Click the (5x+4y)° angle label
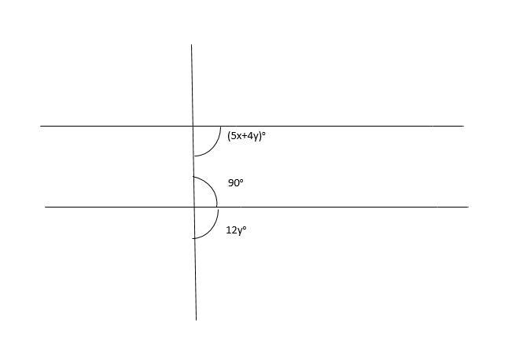point(246,135)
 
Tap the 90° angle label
point(236,183)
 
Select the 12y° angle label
point(236,230)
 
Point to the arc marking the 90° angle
point(211,186)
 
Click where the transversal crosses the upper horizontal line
point(193,126)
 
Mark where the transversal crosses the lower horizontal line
point(194,207)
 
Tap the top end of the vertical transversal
point(191,45)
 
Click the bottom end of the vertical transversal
point(196,319)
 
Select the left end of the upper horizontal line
point(41,126)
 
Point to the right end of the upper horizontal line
point(463,126)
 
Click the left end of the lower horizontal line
point(46,207)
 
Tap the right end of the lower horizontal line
point(468,207)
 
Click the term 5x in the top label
point(236,135)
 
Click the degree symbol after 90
point(242,181)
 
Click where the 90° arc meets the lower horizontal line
point(217,207)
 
